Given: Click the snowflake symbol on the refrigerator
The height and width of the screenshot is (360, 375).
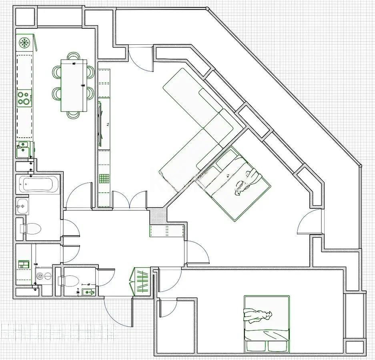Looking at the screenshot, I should tap(24, 42).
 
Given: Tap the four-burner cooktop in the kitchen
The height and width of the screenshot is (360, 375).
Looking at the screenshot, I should tap(24, 98).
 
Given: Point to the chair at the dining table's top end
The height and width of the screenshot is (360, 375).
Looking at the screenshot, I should tap(74, 56).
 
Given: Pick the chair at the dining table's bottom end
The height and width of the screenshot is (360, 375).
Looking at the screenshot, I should tap(74, 115).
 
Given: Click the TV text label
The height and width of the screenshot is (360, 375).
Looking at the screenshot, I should tap(108, 125).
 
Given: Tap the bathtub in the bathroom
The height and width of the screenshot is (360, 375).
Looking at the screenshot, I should tap(39, 184).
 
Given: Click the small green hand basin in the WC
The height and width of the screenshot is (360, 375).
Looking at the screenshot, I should tap(88, 292).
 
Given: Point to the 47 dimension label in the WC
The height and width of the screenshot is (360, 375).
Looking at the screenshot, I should tap(89, 284).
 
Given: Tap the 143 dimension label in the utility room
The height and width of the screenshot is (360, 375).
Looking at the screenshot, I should tap(36, 264).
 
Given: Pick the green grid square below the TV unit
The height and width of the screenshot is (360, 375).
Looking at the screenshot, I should tap(104, 178).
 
